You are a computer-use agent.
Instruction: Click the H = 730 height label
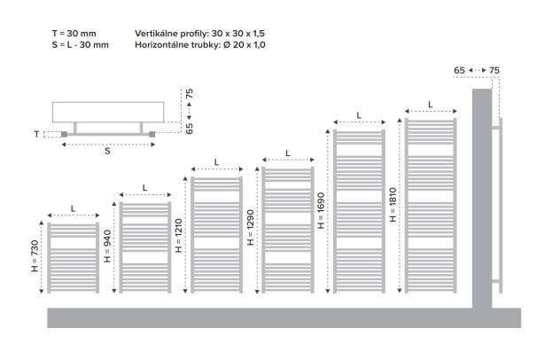coord(35,256)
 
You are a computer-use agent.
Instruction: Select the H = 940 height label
coord(107,247)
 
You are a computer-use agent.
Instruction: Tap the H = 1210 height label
coord(179,236)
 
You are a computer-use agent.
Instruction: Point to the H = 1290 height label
coord(251,228)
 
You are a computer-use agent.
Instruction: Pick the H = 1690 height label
coord(321,211)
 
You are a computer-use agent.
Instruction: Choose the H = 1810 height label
coord(392,205)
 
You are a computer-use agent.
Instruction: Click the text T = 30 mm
coord(74,34)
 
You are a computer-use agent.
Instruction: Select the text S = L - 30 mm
coord(81,45)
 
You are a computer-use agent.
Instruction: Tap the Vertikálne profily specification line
coord(200,34)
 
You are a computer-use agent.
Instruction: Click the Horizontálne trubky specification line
coord(200,45)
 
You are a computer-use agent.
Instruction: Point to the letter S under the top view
coord(107,151)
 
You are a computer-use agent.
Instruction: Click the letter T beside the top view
coord(36,134)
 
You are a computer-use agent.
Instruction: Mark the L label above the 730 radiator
coord(74,208)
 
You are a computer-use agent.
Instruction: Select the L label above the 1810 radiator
coord(431,105)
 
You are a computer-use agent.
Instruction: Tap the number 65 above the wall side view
coord(459,70)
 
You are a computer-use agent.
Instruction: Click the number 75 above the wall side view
coord(494,70)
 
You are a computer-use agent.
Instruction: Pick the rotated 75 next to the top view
coord(189,94)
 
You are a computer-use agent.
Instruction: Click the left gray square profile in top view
coord(64,135)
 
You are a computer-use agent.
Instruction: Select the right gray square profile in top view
coord(152,135)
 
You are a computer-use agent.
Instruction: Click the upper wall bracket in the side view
coord(495,128)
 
